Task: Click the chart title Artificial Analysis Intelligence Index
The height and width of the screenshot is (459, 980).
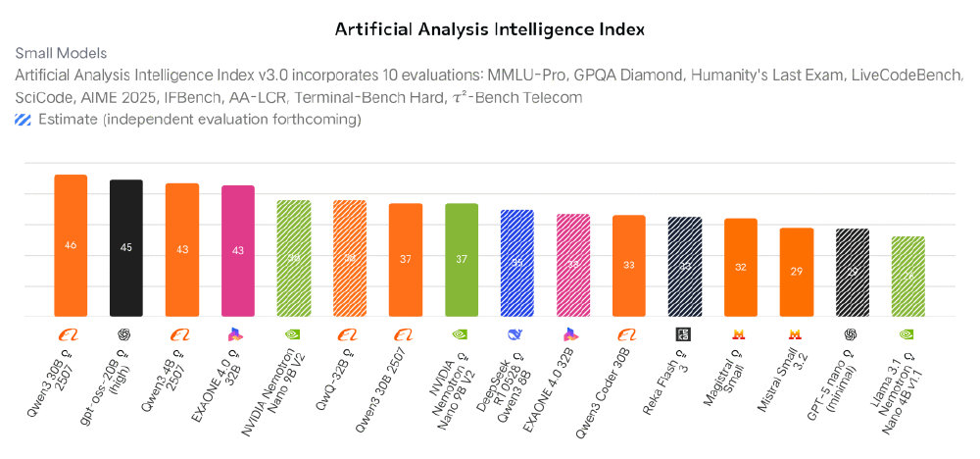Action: click(490, 28)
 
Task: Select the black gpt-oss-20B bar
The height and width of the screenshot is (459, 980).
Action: click(126, 249)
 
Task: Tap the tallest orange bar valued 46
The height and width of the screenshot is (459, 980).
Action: click(71, 246)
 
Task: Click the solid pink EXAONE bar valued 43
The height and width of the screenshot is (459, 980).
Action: click(238, 252)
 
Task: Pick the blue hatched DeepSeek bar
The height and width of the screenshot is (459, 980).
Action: click(517, 264)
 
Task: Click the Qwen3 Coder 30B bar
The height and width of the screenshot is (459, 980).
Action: click(629, 267)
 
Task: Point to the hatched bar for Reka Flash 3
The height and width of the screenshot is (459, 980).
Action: click(685, 268)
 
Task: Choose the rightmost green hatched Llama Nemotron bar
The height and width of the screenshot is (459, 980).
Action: click(907, 278)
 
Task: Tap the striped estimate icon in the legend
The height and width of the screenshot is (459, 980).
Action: click(23, 120)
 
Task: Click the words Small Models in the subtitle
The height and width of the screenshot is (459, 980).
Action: click(61, 53)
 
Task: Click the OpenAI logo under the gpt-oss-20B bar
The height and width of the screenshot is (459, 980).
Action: click(126, 334)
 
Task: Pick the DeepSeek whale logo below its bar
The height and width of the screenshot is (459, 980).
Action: click(517, 334)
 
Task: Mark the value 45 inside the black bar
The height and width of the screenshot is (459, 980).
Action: click(126, 247)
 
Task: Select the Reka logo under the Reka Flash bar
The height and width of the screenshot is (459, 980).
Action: click(685, 334)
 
